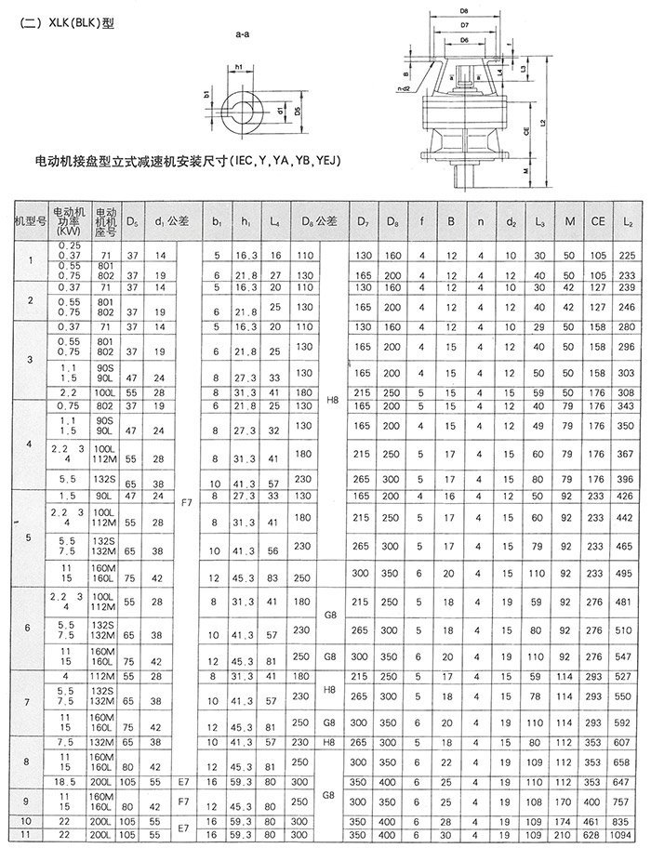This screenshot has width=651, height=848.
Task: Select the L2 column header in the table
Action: [x=627, y=221]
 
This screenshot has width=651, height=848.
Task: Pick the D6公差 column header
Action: [x=319, y=221]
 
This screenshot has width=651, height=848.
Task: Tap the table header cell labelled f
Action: [x=421, y=221]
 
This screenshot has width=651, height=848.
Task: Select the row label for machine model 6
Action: [x=26, y=627]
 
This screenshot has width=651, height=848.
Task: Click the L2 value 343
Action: [x=627, y=405]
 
